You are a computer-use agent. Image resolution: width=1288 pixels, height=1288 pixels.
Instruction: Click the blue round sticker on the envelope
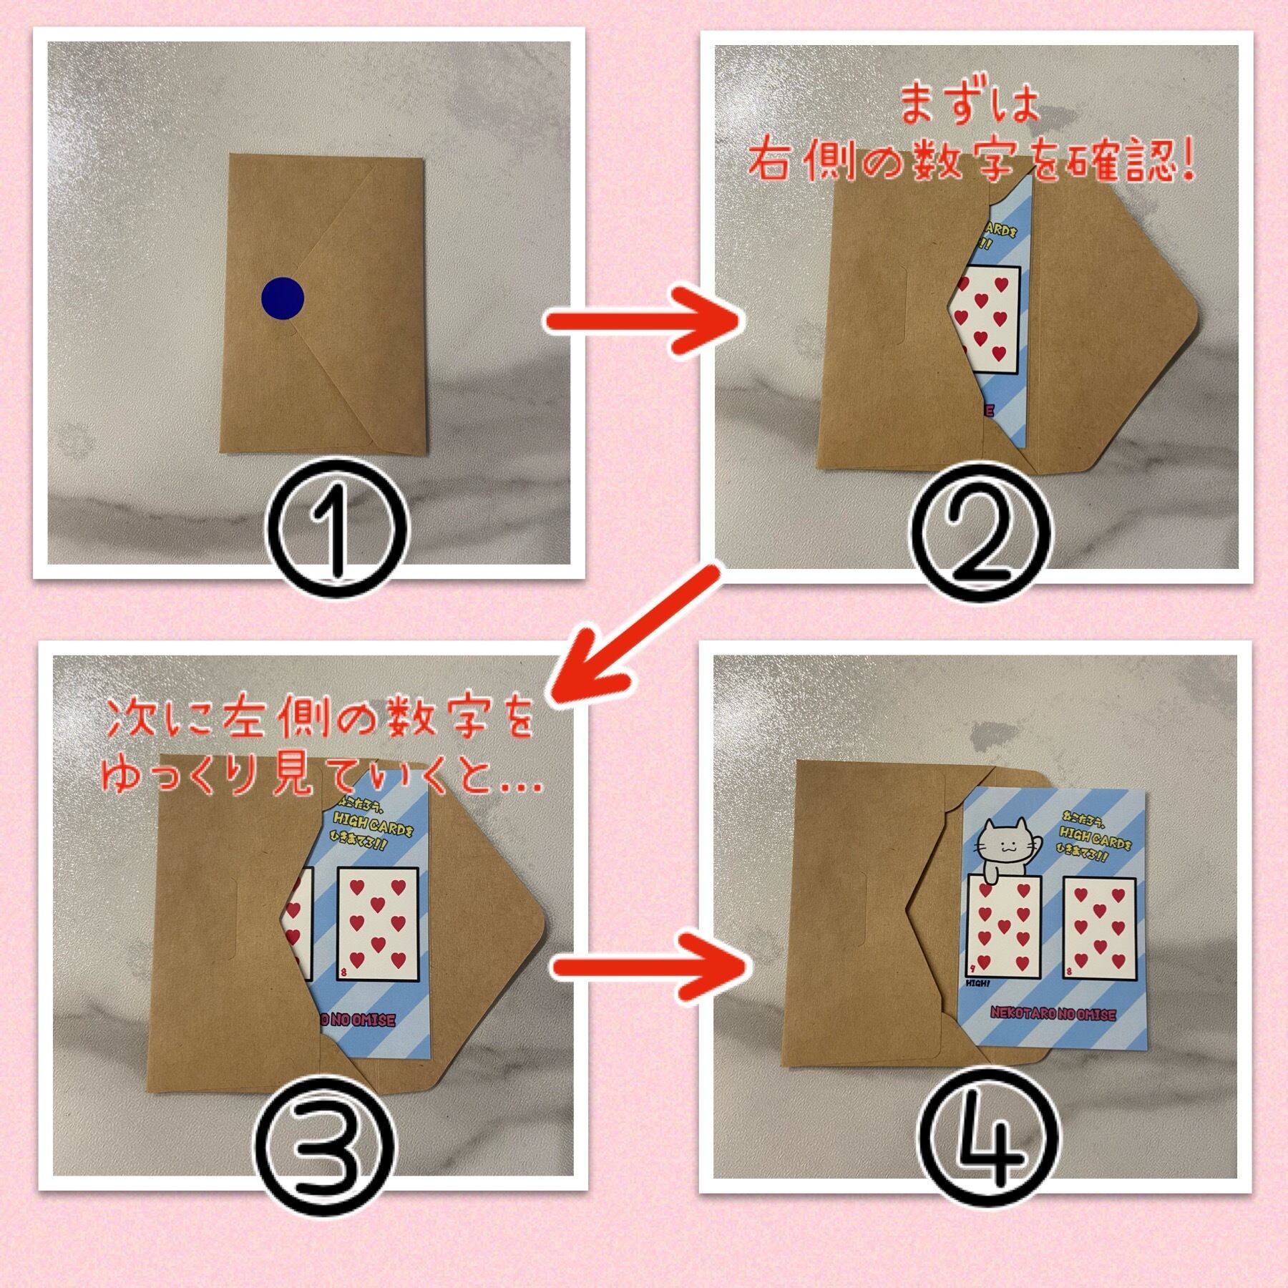pos(283,298)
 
